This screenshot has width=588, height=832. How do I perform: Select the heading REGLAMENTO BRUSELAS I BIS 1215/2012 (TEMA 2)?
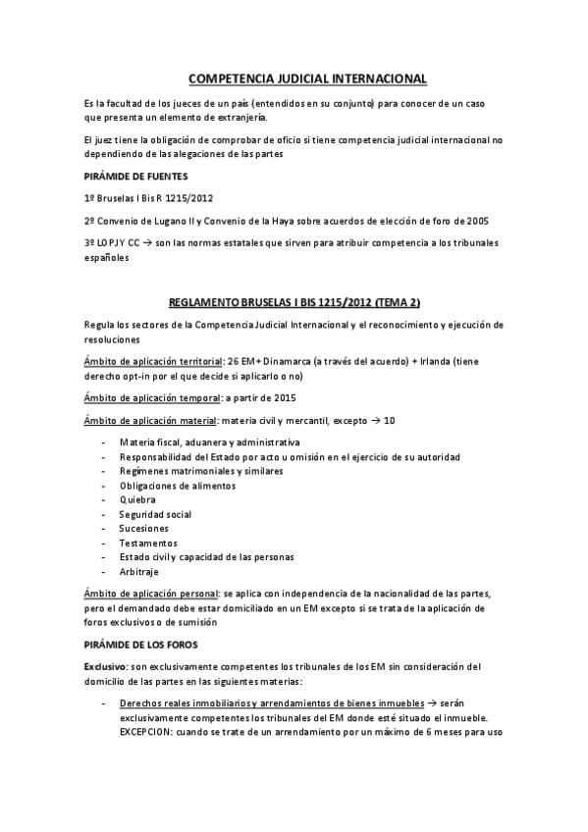point(294,301)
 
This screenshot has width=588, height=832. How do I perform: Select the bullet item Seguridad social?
point(155,514)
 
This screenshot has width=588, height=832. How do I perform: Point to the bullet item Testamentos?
point(148,543)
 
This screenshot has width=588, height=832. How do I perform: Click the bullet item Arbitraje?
point(142,571)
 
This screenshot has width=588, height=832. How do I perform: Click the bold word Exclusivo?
point(105,666)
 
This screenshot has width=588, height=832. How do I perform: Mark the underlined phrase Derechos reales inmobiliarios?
point(184,703)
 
